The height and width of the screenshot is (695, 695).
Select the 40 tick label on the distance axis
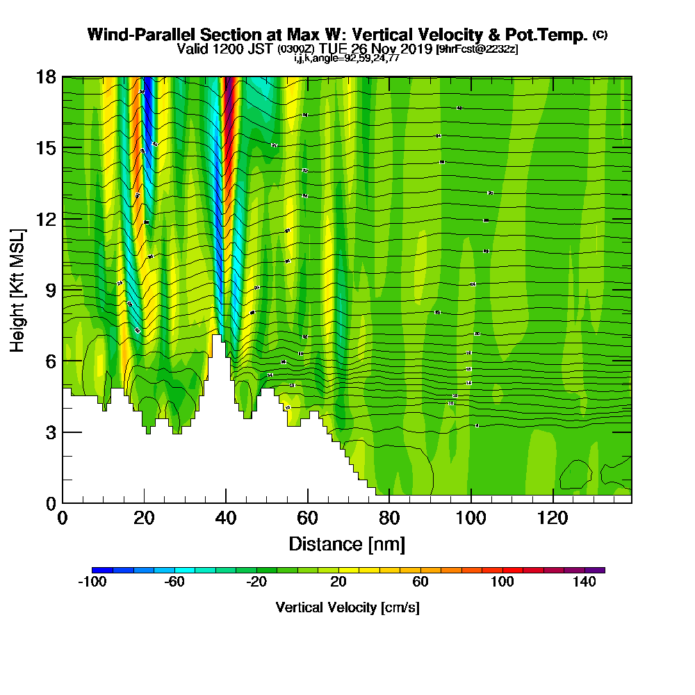pos(226,518)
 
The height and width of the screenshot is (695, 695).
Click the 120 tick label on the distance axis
pos(553,518)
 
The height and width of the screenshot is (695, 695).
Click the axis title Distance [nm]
pos(347,543)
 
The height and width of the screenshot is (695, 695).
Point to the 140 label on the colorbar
pos(584,582)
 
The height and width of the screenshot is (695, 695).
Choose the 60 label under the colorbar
pos(420,582)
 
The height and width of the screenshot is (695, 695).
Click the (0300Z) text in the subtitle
pos(296,50)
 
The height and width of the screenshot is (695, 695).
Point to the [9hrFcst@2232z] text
pos(476,50)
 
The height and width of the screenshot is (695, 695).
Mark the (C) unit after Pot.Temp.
pos(600,35)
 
